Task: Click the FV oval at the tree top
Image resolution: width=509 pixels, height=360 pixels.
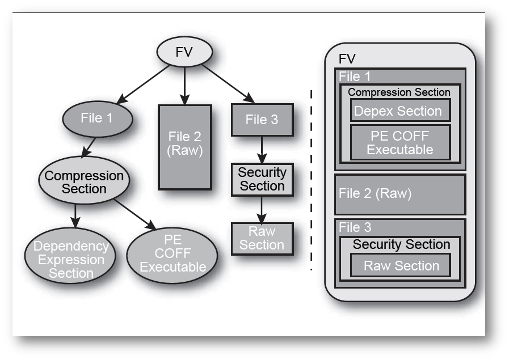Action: [184, 53]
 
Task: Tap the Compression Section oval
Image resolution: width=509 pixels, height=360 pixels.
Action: [85, 182]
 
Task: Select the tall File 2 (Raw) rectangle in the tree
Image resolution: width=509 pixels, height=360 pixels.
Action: [185, 147]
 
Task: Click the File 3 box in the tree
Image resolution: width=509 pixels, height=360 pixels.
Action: [262, 120]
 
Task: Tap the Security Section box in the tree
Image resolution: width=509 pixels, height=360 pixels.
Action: [262, 179]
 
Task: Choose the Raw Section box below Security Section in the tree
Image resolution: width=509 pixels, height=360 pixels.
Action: [262, 238]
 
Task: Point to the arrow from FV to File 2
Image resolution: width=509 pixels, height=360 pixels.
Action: [184, 83]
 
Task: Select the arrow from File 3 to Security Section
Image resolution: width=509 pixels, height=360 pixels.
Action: [262, 150]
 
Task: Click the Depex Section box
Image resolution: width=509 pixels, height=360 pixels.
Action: [400, 111]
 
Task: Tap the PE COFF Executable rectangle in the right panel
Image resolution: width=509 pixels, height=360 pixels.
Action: [400, 143]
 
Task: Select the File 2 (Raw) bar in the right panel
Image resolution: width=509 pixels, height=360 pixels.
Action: [400, 194]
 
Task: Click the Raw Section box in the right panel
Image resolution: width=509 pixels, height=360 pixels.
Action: [401, 266]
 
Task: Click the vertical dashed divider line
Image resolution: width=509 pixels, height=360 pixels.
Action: [311, 181]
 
